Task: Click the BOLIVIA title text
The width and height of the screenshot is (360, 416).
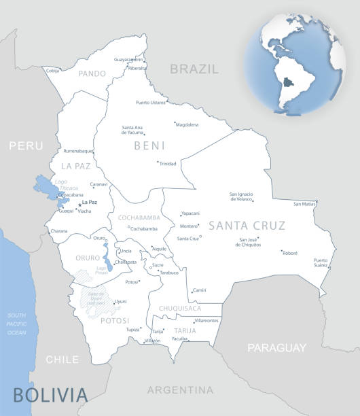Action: [x=50, y=395]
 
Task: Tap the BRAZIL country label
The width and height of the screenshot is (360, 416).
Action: [x=194, y=69]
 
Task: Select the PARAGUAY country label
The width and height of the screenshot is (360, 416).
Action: [x=276, y=348]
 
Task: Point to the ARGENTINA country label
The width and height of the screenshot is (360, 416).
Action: [x=180, y=389]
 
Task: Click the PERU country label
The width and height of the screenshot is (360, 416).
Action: [x=26, y=145]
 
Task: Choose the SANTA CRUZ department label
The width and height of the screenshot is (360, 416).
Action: [x=247, y=226]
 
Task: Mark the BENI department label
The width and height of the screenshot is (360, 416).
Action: [x=149, y=145]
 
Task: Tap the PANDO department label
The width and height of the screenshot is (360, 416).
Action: [x=92, y=73]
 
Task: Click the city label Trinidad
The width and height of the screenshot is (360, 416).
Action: [x=167, y=163]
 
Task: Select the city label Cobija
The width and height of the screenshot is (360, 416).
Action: [x=52, y=70]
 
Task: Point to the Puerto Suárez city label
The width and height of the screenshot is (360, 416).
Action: [x=321, y=262]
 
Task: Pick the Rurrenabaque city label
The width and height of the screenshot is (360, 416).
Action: [x=77, y=151]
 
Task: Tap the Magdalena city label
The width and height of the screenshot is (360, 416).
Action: [x=187, y=125]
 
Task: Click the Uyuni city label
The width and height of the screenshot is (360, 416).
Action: [x=120, y=301]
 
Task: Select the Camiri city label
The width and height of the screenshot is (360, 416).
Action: [x=199, y=290]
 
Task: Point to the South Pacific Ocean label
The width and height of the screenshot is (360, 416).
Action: [x=16, y=324]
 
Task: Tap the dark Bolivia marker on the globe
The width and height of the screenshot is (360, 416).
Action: [x=289, y=84]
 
